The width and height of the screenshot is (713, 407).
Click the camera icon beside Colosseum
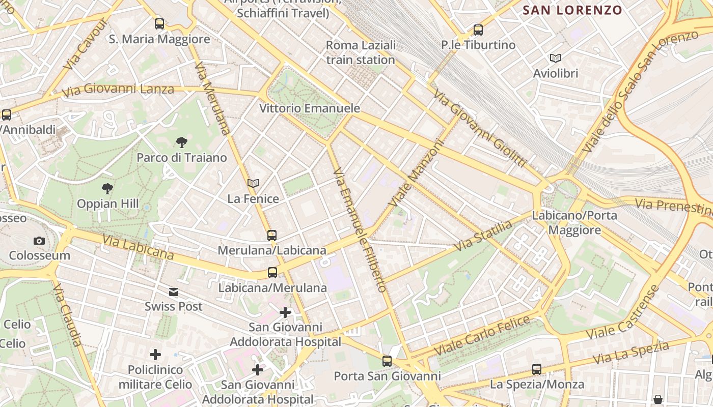coord(39,241)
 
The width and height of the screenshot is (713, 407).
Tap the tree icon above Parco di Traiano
coord(181,142)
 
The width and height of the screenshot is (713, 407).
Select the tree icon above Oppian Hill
coord(107,189)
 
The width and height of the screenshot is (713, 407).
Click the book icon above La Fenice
coord(253,183)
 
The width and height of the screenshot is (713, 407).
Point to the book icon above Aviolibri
coord(555,59)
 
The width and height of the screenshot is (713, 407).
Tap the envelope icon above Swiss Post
coord(174,292)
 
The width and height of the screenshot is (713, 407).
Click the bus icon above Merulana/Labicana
coord(272,235)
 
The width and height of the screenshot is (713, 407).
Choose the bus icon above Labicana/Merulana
coord(272,273)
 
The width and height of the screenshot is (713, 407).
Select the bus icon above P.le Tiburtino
coord(478,30)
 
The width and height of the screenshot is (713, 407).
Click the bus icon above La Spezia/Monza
coord(537,369)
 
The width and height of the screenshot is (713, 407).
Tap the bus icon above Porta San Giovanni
coord(387,361)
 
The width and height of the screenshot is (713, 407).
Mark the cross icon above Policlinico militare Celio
coord(155,354)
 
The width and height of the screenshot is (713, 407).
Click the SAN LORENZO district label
coord(572,10)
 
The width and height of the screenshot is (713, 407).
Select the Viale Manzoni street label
coord(416,173)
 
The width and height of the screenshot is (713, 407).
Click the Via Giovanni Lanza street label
coord(118,90)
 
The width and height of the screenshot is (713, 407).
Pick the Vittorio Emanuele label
coord(310,108)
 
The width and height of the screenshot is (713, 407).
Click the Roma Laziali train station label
coord(361,52)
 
